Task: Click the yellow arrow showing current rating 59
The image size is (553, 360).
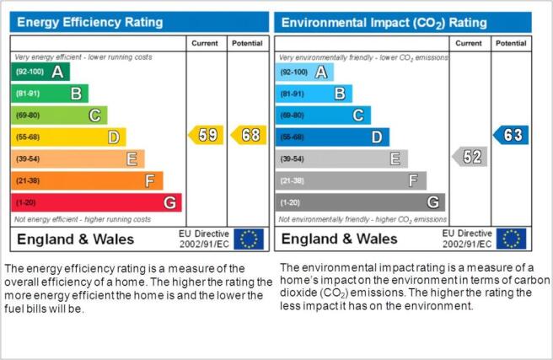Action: pos(207,135)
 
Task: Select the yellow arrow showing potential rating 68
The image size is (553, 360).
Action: pos(249,135)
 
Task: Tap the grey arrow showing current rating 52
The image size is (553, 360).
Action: pos(470,157)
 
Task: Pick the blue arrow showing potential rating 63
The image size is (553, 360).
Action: pos(511,135)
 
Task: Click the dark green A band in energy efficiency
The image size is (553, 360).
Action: pos(40,72)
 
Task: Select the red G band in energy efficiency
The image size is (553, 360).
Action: pos(96,202)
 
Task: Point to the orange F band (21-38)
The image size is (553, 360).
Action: pos(87,180)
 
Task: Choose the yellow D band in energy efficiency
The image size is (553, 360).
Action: pos(68,137)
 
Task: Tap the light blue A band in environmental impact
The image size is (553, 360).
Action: pos(304,73)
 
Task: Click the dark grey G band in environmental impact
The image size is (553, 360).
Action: pos(360,202)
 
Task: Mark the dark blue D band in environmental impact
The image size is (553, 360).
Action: pos(332,137)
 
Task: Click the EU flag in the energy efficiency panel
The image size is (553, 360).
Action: pos(249,239)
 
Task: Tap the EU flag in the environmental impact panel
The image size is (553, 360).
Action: pos(512,239)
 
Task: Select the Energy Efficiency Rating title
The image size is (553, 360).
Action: pos(90,22)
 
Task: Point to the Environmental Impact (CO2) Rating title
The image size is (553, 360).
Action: pos(384,23)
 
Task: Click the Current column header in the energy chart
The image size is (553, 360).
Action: pos(205,43)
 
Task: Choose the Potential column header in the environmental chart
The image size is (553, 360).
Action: pos(511,43)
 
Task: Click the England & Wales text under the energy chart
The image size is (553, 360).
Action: pos(76,239)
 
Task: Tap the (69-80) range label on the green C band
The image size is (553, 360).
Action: pos(28,116)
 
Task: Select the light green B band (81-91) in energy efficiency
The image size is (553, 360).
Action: pos(50,94)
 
